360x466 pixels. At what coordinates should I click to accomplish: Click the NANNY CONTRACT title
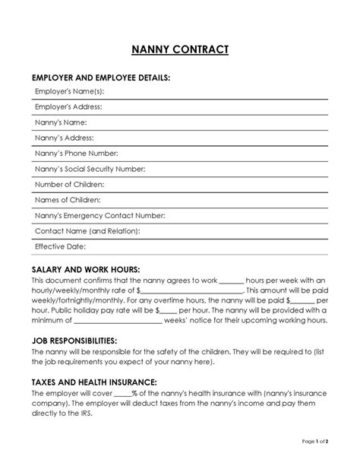(x=180, y=50)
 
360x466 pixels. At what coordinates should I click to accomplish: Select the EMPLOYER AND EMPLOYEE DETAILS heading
(x=100, y=78)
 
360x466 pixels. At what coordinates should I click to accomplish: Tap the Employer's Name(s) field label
(x=70, y=91)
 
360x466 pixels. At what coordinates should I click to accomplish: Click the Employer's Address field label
(x=68, y=107)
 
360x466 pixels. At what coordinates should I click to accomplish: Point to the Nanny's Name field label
(x=62, y=122)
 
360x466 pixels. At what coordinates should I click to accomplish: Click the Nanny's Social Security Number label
(x=90, y=169)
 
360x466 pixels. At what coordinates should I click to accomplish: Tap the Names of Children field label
(x=68, y=200)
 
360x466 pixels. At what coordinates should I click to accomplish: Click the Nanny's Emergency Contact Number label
(x=99, y=216)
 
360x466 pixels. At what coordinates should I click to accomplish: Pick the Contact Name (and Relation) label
(x=87, y=231)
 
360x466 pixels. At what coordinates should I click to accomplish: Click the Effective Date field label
(x=61, y=247)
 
